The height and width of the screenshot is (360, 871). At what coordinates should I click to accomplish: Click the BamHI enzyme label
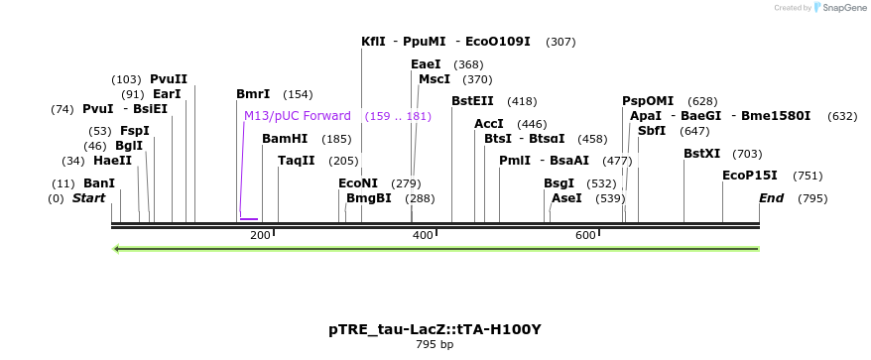point(285,139)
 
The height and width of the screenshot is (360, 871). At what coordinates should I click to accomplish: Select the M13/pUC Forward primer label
point(298,116)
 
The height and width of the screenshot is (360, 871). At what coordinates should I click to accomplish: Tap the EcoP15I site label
point(750,176)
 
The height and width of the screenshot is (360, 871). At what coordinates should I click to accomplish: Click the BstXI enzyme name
point(702,154)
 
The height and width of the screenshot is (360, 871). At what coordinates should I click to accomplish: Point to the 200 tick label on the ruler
point(260,235)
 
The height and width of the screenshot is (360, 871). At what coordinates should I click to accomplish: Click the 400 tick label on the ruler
point(423,235)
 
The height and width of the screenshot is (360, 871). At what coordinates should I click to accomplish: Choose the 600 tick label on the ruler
point(585,235)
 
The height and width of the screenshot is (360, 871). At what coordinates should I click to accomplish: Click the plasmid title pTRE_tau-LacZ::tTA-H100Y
point(435,329)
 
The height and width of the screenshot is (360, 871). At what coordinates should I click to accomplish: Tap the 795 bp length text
point(435,345)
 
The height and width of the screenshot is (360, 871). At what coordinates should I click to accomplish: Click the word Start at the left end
point(88,198)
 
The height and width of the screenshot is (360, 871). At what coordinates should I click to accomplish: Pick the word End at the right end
point(771,198)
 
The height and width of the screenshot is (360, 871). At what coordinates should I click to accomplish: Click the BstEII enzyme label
point(472,101)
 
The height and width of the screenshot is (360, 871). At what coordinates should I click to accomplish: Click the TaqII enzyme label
point(297,161)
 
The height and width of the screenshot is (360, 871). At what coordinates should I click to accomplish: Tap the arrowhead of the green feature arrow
point(117,248)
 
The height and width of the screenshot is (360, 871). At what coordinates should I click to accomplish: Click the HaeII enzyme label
point(112,161)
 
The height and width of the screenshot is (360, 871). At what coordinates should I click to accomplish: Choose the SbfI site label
point(652,131)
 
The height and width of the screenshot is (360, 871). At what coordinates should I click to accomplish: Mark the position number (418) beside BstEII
point(522,101)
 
